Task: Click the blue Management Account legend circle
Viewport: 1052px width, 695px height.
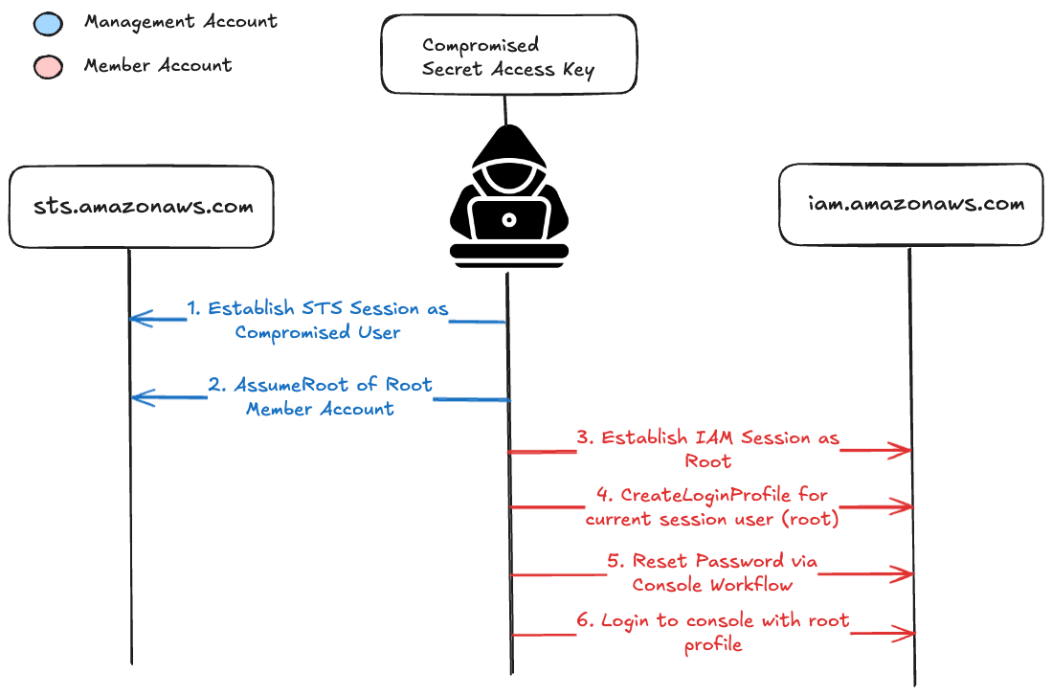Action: (48, 23)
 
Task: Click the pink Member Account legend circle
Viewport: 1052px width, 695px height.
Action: (48, 67)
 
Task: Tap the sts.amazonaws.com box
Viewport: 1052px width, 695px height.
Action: (141, 206)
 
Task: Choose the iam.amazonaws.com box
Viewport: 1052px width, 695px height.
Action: (910, 204)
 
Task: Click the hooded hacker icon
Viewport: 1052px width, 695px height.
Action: (509, 191)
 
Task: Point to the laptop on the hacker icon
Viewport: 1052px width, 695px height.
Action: (509, 220)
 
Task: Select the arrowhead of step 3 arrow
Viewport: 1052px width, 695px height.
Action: (904, 449)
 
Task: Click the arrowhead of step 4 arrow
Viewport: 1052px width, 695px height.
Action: (904, 505)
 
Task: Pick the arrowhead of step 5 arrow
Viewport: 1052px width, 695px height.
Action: (904, 573)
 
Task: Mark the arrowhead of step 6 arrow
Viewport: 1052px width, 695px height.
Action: (904, 633)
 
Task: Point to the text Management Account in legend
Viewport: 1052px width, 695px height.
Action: (181, 21)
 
